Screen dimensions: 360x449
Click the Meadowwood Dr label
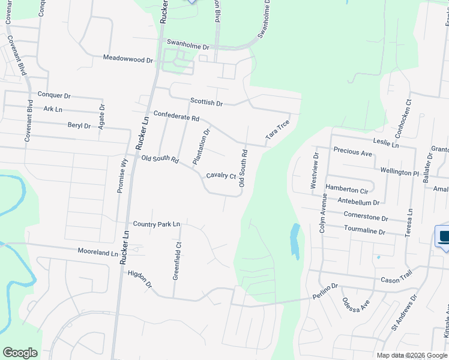[x=128, y=59]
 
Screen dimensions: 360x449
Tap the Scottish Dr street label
[x=206, y=103]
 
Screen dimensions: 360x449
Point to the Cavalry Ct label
[x=221, y=176]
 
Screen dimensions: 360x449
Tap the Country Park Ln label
[x=157, y=224]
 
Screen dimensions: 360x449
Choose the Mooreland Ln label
[x=98, y=253]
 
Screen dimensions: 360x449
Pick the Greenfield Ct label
[x=178, y=260]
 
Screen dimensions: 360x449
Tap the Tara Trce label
[x=277, y=130]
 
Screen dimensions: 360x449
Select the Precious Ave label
[x=353, y=152]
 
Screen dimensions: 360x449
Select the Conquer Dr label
[x=54, y=95]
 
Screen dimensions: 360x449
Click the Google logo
[x=20, y=353]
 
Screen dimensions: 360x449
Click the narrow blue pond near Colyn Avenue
[x=294, y=241]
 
